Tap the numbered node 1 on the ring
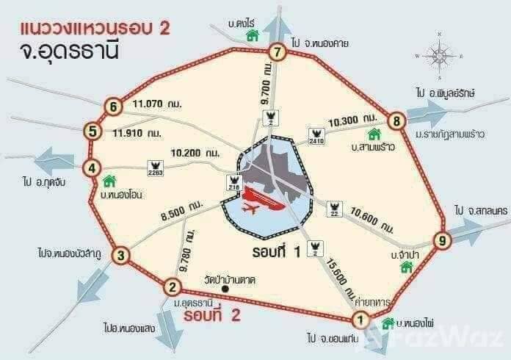point(360,319)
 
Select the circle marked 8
point(396,120)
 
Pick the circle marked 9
point(441,240)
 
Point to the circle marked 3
point(123,256)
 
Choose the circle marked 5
point(92,132)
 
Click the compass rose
point(439,55)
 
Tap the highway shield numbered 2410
point(317,137)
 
